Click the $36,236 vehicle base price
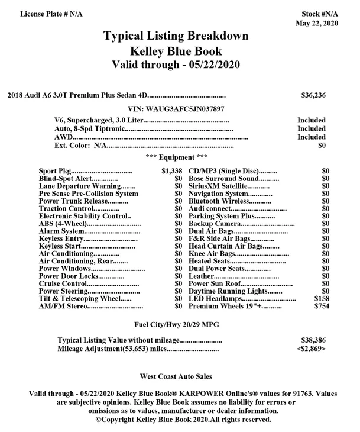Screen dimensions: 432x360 [x=313, y=95]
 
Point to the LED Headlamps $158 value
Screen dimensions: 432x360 [x=322, y=299]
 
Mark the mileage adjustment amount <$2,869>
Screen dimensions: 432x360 [x=310, y=349]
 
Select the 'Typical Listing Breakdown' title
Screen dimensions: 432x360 [x=176, y=36]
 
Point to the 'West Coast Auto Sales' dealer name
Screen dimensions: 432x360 [x=176, y=376]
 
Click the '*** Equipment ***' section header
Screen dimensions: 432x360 [x=176, y=157]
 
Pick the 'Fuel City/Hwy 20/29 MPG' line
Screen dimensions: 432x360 [x=176, y=324]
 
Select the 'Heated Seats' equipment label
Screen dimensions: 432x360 [x=210, y=261]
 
